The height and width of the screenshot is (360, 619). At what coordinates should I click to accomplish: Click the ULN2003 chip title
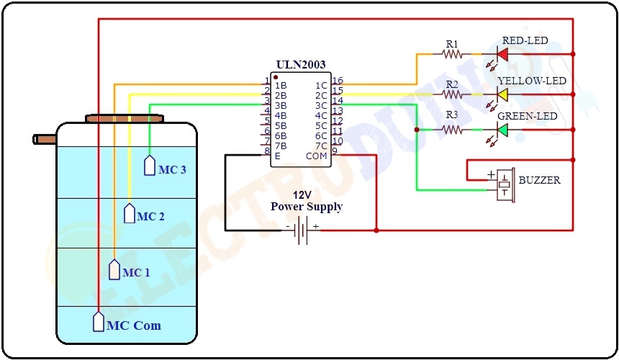pos(301,65)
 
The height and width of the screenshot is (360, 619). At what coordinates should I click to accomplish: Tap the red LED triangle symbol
pos(502,54)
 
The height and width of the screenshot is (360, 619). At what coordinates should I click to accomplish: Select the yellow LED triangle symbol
pos(502,94)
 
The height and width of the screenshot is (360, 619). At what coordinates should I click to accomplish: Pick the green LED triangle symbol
pos(502,130)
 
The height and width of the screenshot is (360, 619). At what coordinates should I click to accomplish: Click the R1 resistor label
pos(451,43)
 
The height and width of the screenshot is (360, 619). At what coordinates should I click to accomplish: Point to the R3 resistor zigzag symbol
pos(451,130)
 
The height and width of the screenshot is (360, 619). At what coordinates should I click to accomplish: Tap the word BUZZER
pos(541,179)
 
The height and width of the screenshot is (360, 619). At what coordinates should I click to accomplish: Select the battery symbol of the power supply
pos(302,231)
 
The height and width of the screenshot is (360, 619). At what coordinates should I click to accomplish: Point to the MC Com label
pos(134,325)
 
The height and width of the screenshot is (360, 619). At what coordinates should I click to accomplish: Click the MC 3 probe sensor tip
pos(150,166)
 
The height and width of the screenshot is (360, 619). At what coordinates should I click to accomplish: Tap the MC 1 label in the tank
pos(136,273)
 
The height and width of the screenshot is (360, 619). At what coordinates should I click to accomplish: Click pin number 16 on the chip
pos(338,81)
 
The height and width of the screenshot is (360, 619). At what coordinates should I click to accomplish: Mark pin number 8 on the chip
pos(266,151)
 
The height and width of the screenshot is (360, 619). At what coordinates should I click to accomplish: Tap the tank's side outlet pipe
pos(44,138)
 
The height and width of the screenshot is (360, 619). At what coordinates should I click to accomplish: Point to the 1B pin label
pos(281,85)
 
